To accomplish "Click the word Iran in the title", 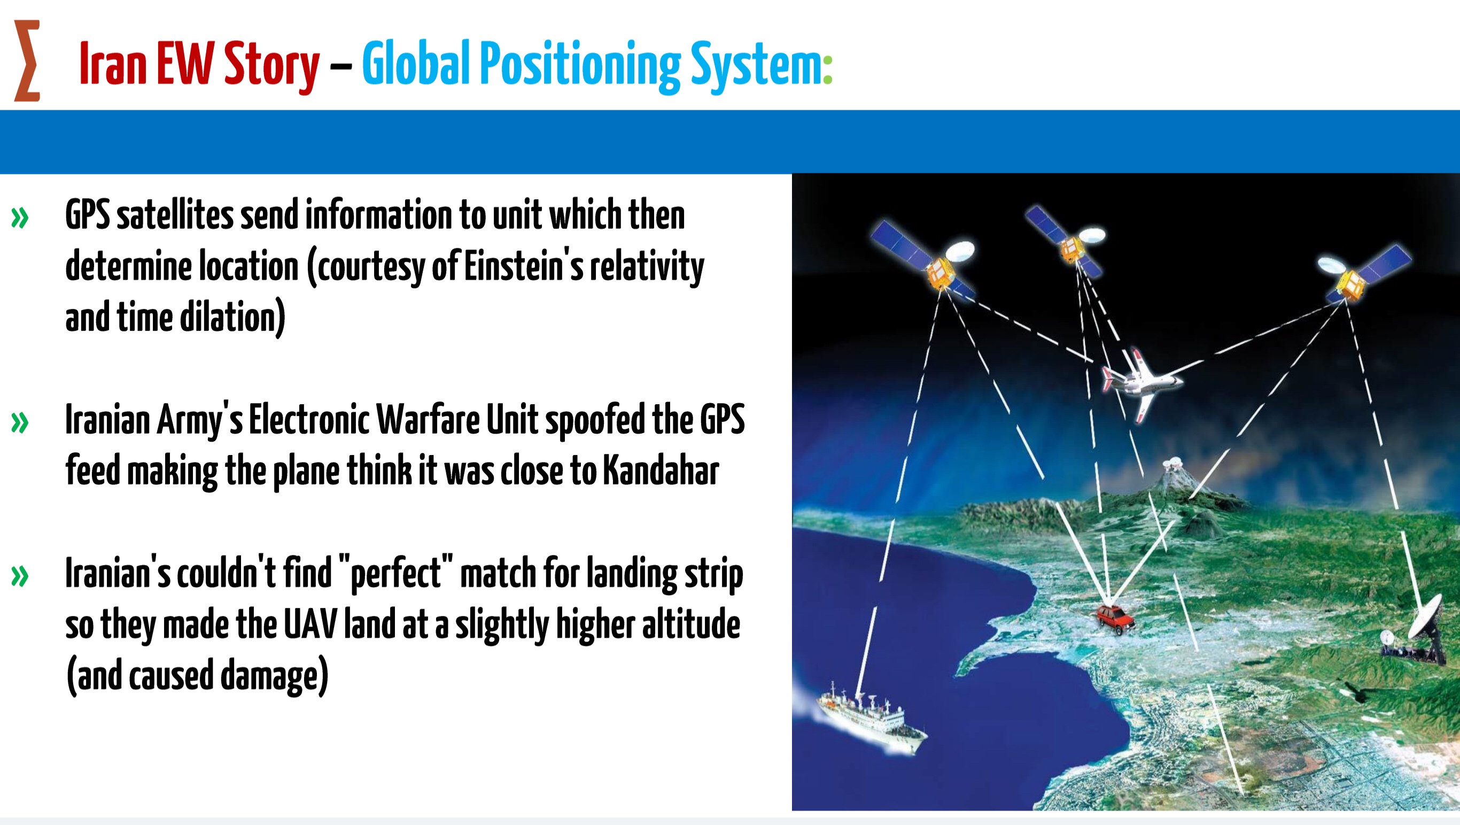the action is [x=113, y=64].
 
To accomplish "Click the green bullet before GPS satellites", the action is [x=20, y=218].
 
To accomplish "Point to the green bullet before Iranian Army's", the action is [x=20, y=422].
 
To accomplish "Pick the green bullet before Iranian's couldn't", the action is [x=20, y=576].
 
